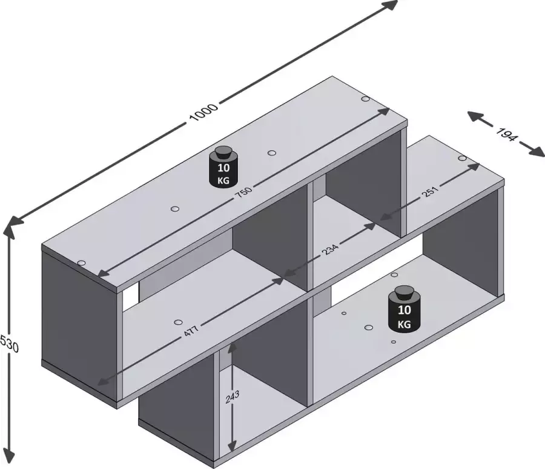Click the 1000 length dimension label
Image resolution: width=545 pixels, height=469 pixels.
pyautogui.click(x=203, y=112)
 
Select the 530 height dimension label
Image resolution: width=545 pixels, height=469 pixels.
pyautogui.click(x=8, y=344)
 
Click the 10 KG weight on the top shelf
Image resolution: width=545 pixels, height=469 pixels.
pyautogui.click(x=223, y=165)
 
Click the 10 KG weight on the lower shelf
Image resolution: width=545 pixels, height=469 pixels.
pyautogui.click(x=405, y=308)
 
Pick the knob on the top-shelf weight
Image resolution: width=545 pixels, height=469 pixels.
pyautogui.click(x=223, y=151)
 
